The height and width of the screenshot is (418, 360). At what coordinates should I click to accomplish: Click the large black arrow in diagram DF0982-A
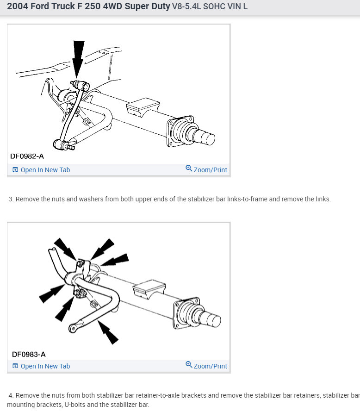click(x=79, y=56)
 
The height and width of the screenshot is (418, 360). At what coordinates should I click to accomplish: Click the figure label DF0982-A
click(x=27, y=156)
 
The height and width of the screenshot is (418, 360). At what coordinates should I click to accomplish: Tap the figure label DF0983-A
click(x=29, y=355)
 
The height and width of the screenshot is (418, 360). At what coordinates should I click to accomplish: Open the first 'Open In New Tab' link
click(x=45, y=170)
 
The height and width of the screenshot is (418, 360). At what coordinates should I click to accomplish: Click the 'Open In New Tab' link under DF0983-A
click(x=45, y=366)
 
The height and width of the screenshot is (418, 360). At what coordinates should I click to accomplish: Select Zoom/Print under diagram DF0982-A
click(x=210, y=170)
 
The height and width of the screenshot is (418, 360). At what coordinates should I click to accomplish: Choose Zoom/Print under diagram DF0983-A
click(x=210, y=366)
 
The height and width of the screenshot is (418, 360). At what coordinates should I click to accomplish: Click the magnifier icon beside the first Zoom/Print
click(x=189, y=169)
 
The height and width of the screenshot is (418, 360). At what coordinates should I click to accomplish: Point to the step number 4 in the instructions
click(x=11, y=396)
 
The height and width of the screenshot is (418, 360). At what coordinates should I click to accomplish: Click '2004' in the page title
click(x=17, y=7)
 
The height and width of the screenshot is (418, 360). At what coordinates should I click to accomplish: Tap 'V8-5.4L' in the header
click(x=187, y=7)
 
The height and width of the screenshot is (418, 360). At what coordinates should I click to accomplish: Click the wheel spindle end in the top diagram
click(x=207, y=138)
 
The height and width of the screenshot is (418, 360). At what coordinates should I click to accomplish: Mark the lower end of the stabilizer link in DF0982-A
click(x=60, y=144)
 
